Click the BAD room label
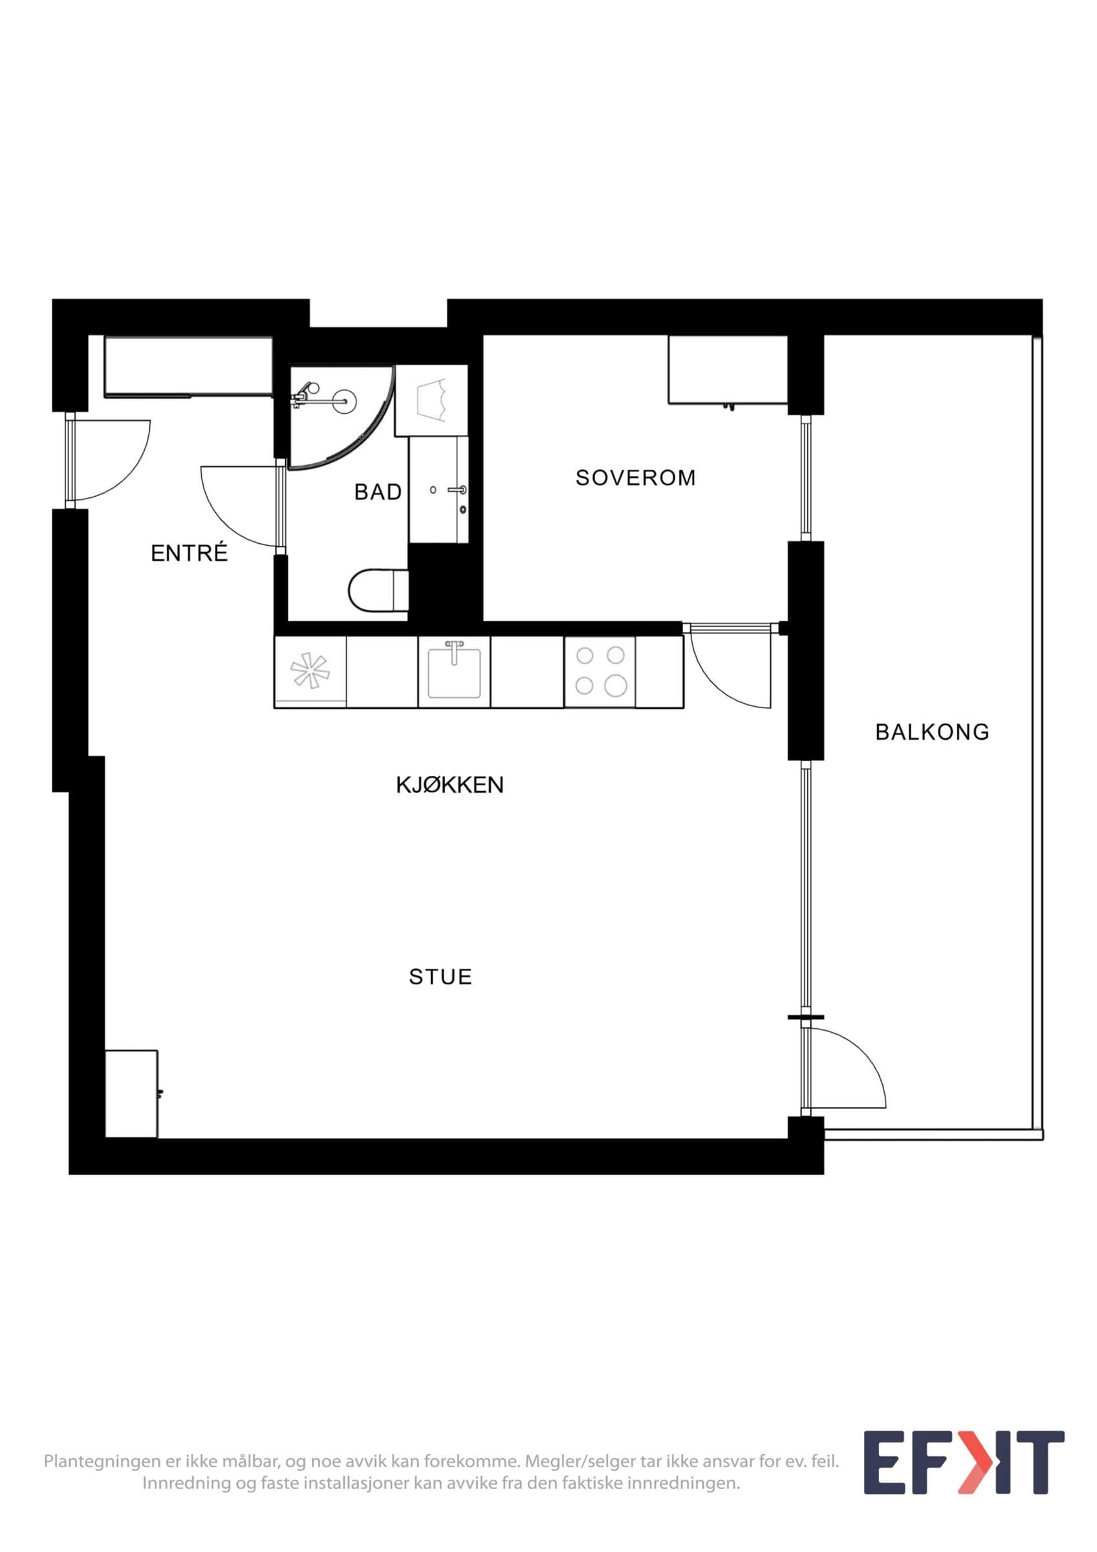click(378, 492)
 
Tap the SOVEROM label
click(635, 478)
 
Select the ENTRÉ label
click(190, 554)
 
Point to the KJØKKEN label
click(450, 785)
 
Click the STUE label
click(440, 976)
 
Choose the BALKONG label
click(932, 732)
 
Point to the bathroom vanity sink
click(439, 490)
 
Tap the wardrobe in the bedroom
click(728, 371)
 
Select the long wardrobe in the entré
click(189, 367)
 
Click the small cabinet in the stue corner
click(132, 1094)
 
